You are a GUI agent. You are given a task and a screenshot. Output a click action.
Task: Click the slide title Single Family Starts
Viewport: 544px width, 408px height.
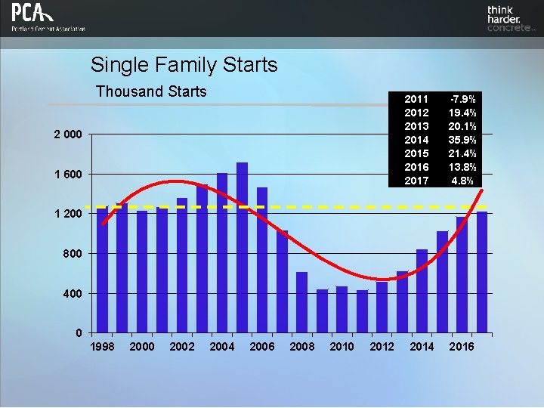pyautogui.click(x=184, y=65)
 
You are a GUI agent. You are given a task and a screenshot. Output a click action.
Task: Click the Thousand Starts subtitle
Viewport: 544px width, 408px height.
pyautogui.click(x=151, y=91)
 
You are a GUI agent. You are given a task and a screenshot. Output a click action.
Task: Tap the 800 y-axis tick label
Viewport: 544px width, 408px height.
pyautogui.click(x=73, y=254)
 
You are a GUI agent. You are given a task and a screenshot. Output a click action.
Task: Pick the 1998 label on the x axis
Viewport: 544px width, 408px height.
pyautogui.click(x=103, y=347)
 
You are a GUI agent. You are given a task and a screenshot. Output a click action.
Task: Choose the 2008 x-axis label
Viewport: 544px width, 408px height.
pyautogui.click(x=302, y=347)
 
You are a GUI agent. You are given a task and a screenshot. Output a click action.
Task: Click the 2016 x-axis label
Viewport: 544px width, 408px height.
pyautogui.click(x=462, y=347)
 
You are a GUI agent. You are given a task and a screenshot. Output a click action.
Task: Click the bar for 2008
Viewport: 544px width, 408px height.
pyautogui.click(x=301, y=302)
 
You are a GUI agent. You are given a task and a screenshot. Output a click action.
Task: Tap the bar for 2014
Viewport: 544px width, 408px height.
pyautogui.click(x=422, y=291)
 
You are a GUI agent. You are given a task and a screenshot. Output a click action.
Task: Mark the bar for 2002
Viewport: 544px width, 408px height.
pyautogui.click(x=182, y=265)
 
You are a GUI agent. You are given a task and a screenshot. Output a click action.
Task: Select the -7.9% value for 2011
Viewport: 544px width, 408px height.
pyautogui.click(x=462, y=99)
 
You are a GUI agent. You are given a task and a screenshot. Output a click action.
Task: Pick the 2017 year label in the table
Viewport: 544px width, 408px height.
pyautogui.click(x=417, y=181)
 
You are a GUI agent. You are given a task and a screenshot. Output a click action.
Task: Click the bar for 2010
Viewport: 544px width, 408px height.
pyautogui.click(x=342, y=310)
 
